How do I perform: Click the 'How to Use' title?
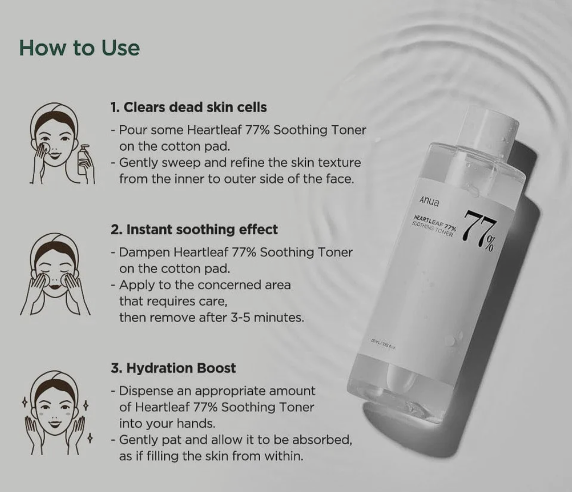pyautogui.click(x=79, y=48)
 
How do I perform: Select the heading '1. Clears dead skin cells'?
pyautogui.click(x=188, y=108)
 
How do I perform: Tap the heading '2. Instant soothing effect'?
pyautogui.click(x=194, y=229)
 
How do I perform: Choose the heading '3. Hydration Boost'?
pyautogui.click(x=173, y=368)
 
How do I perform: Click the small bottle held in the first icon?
pyautogui.click(x=84, y=162)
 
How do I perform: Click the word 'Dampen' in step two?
pyautogui.click(x=144, y=252)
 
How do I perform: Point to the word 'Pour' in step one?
pyautogui.click(x=131, y=130)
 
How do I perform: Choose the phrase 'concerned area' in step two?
pyautogui.click(x=250, y=285)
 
